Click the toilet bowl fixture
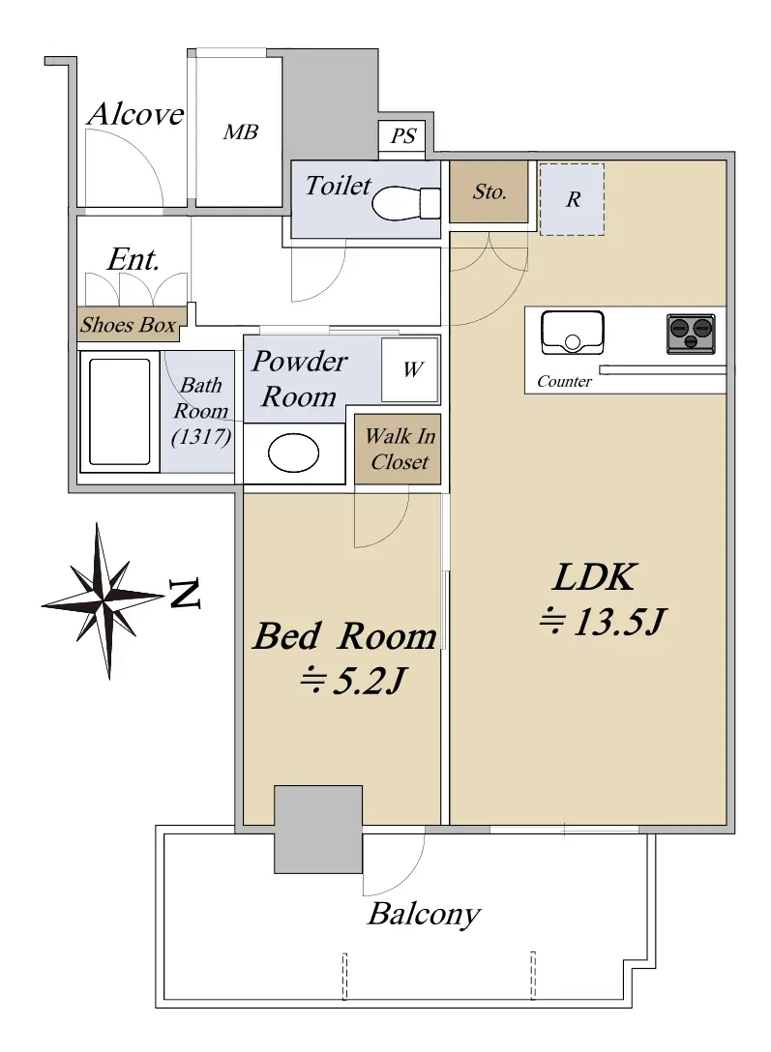pyautogui.click(x=405, y=203)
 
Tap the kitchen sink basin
pyautogui.click(x=573, y=332)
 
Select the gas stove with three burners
pyautogui.click(x=691, y=334)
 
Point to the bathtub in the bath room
pyautogui.click(x=119, y=411)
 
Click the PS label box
pyautogui.click(x=402, y=136)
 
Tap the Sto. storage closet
pyautogui.click(x=489, y=191)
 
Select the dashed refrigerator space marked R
pyautogui.click(x=573, y=199)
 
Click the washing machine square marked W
pyautogui.click(x=410, y=369)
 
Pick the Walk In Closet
pyautogui.click(x=398, y=449)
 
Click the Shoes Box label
pyautogui.click(x=128, y=325)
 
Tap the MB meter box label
pyautogui.click(x=240, y=131)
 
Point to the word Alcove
pyautogui.click(x=135, y=114)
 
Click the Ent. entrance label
pyautogui.click(x=133, y=260)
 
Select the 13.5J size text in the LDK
pyautogui.click(x=602, y=622)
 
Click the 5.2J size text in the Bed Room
pyautogui.click(x=352, y=681)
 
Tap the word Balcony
pyautogui.click(x=424, y=915)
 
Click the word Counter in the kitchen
pyautogui.click(x=564, y=381)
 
